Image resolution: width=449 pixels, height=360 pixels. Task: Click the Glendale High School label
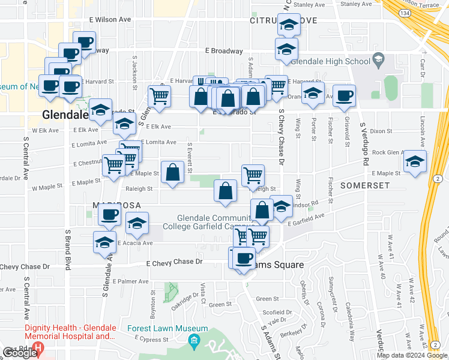click(x=333, y=61)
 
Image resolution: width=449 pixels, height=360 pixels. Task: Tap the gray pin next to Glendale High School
click(x=378, y=59)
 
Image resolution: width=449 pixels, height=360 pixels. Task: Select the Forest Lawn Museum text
click(x=167, y=329)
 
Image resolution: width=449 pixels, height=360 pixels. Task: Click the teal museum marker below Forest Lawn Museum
click(x=194, y=343)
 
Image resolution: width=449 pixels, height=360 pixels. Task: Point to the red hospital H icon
click(x=39, y=348)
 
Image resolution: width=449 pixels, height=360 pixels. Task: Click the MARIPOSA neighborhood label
click(x=111, y=205)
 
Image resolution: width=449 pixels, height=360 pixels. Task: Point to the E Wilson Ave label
click(x=110, y=19)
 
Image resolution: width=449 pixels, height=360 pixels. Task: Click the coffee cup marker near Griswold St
click(x=344, y=95)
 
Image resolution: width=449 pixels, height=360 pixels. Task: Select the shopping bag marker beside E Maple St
click(x=172, y=172)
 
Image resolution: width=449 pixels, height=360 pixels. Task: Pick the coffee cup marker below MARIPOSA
click(x=109, y=215)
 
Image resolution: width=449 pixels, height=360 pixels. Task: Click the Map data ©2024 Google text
click(x=411, y=355)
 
